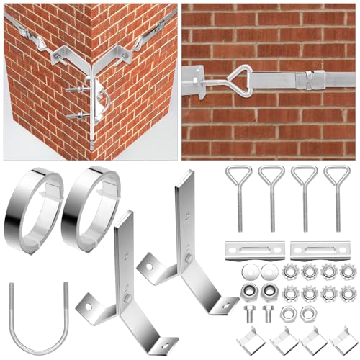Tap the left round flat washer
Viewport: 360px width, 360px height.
[x=251, y=273]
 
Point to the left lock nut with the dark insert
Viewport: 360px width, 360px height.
[x=251, y=292]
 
